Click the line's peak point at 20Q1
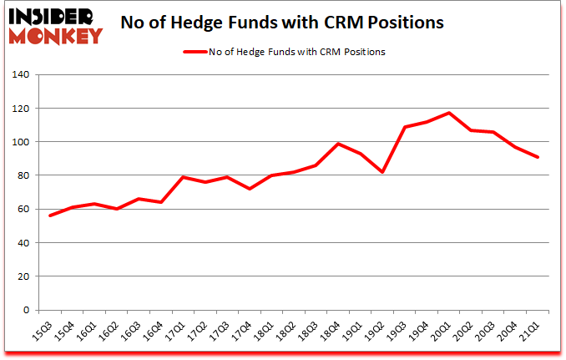tap(450, 113)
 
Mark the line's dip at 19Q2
tap(383, 172)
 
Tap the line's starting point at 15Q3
tap(49, 215)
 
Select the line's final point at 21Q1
tap(538, 157)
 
